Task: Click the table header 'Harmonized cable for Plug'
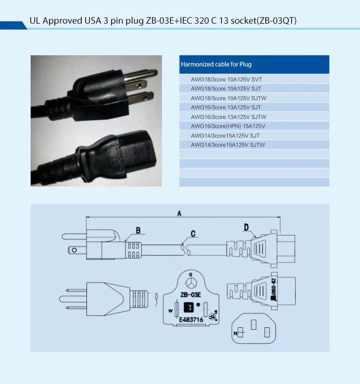pyautogui.click(x=216, y=64)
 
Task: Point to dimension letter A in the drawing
pyautogui.click(x=179, y=214)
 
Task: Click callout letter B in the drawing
pyautogui.click(x=138, y=231)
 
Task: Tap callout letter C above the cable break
pyautogui.click(x=193, y=234)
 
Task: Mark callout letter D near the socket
pyautogui.click(x=246, y=227)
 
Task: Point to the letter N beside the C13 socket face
pyautogui.click(x=236, y=333)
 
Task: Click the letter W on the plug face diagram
pyautogui.click(x=171, y=310)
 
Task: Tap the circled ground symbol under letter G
pyautogui.click(x=191, y=283)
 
